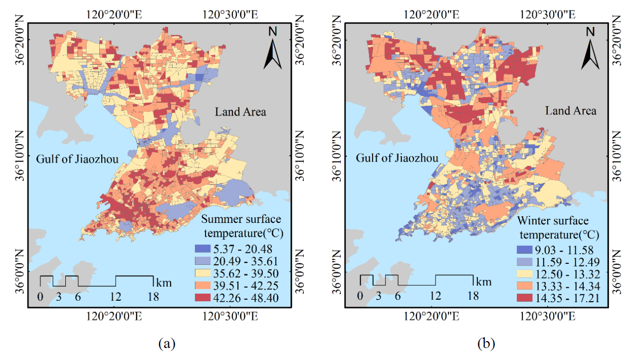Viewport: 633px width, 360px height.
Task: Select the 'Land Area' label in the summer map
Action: pyautogui.click(x=240, y=112)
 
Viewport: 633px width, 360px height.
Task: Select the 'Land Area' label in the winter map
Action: pyautogui.click(x=571, y=110)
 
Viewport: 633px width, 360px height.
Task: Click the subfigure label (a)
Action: pyautogui.click(x=167, y=344)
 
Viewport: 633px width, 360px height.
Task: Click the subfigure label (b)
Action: pyautogui.click(x=486, y=344)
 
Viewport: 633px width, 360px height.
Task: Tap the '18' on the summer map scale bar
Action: pyautogui.click(x=153, y=296)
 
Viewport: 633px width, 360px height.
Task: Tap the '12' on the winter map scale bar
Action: pyautogui.click(x=435, y=295)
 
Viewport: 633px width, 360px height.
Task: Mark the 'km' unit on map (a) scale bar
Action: pyautogui.click(x=164, y=282)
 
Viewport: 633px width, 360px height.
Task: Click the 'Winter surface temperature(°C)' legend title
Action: pyautogui.click(x=558, y=227)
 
